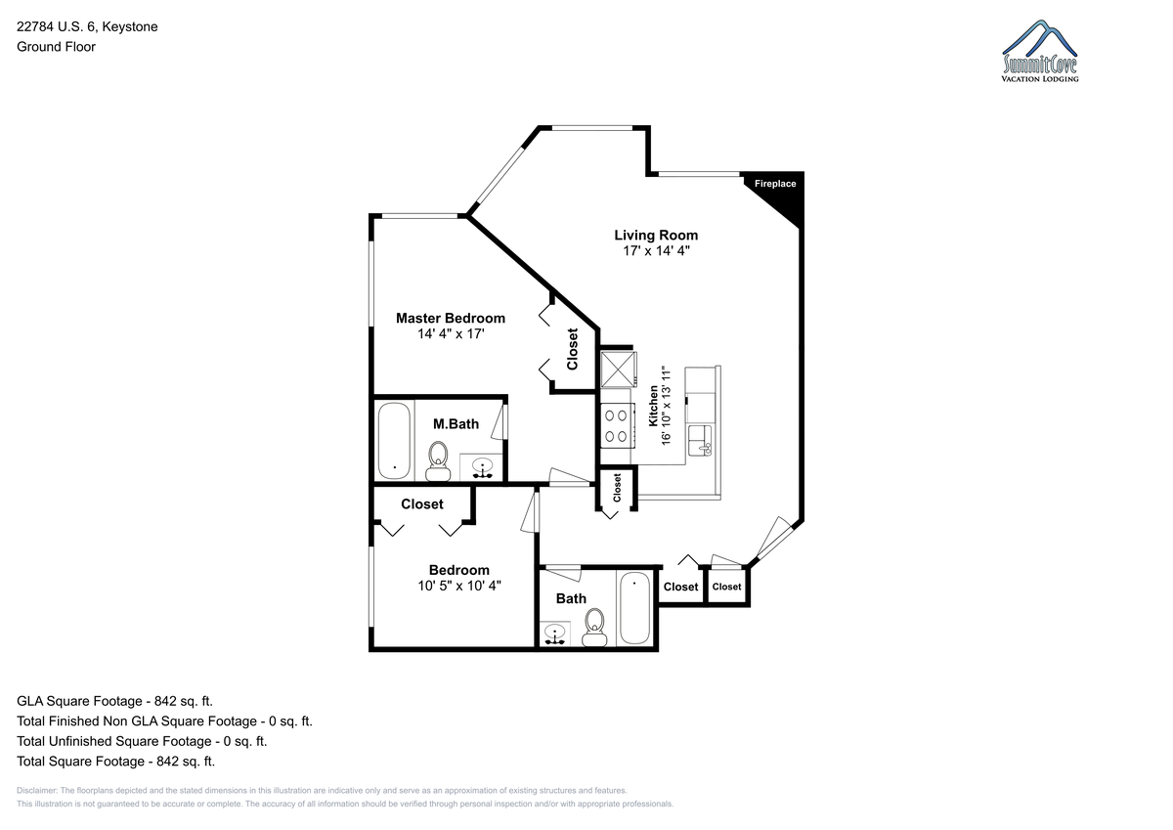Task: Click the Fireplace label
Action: (775, 184)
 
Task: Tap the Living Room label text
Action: (656, 236)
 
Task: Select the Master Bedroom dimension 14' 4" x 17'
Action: (451, 333)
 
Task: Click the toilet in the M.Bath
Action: (438, 460)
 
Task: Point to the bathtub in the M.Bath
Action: (394, 440)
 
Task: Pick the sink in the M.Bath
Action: (482, 467)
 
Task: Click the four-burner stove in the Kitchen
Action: (617, 425)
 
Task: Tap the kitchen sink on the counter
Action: (700, 440)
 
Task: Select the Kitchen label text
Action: (654, 406)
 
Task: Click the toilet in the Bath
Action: (594, 627)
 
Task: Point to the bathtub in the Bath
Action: (634, 607)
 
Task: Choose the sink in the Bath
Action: (555, 633)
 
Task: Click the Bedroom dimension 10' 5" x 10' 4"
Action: (459, 586)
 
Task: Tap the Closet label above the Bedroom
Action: (422, 503)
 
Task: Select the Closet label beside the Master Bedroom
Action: (573, 349)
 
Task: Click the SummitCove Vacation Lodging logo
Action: (1040, 51)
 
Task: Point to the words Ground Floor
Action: (56, 47)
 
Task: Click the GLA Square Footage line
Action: (114, 701)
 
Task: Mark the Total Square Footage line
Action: (115, 761)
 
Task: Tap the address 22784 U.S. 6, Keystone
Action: (87, 26)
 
